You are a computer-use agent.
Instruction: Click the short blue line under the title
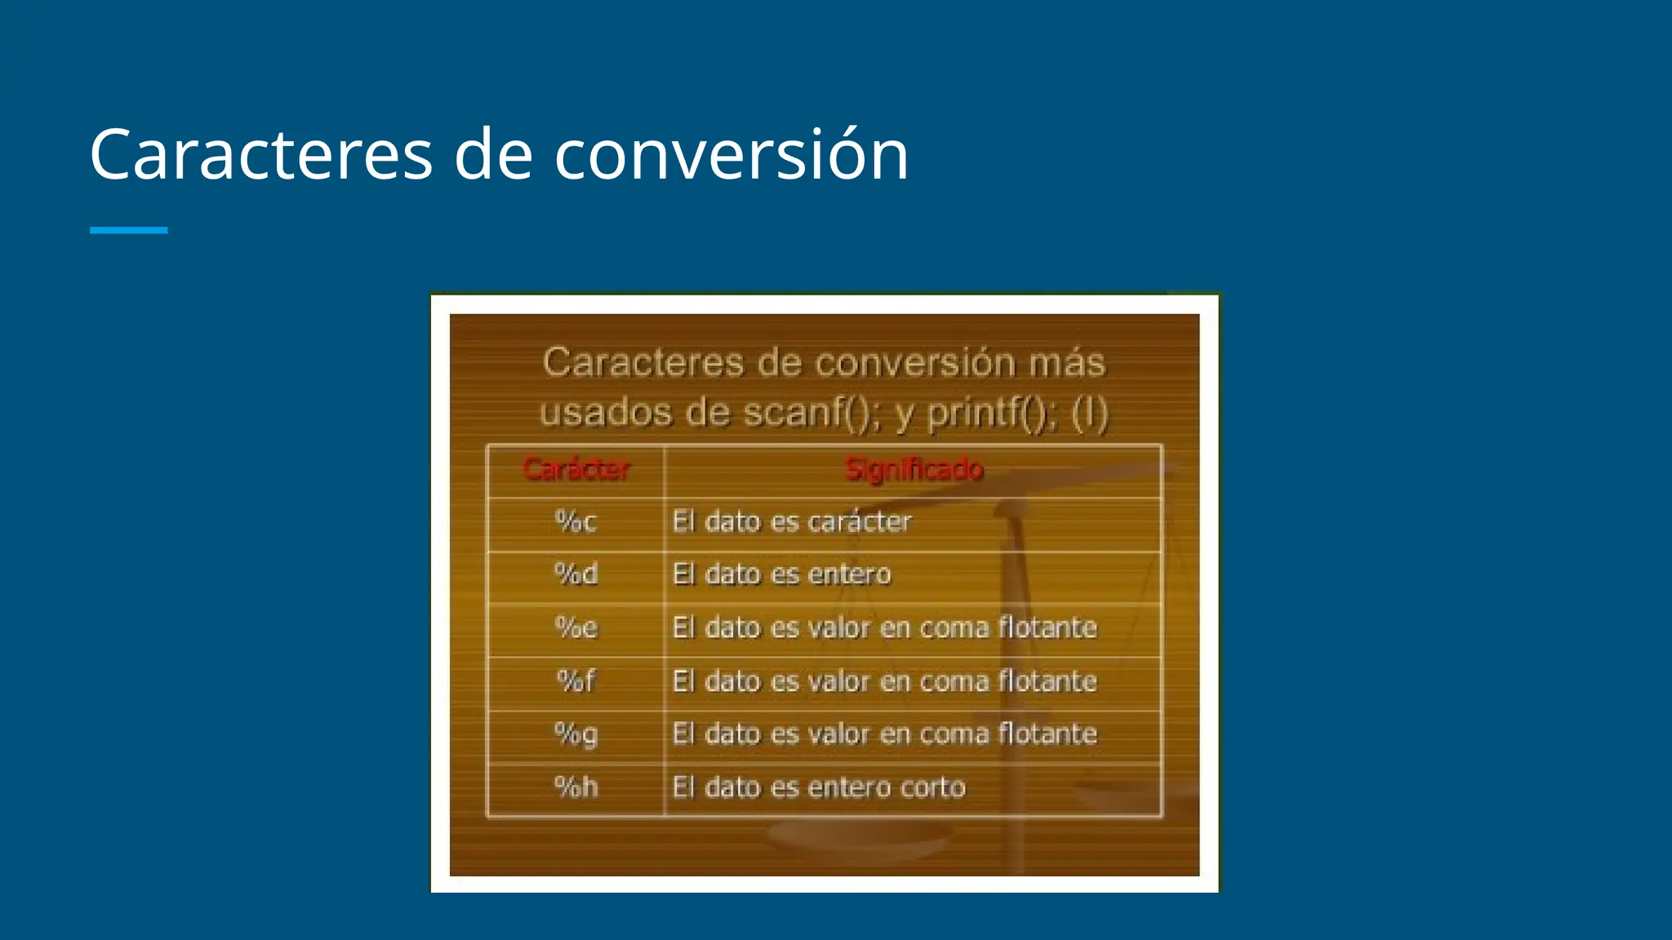click(x=128, y=230)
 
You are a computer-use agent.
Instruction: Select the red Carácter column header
click(x=576, y=469)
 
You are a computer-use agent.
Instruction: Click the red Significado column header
click(x=914, y=469)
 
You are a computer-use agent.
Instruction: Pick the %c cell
click(x=576, y=521)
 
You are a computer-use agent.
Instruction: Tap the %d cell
click(x=576, y=574)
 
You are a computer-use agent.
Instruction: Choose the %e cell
click(x=576, y=627)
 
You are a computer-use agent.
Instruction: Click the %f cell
click(x=576, y=681)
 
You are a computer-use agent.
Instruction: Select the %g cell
click(x=576, y=734)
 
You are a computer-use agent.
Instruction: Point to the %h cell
click(x=576, y=787)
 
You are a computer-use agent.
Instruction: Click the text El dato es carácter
click(x=791, y=521)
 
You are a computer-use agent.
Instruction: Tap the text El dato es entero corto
click(x=819, y=787)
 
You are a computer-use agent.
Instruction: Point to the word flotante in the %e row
click(x=1047, y=627)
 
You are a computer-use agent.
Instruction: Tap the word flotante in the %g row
click(x=1047, y=734)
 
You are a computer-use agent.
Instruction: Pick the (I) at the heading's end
click(x=1089, y=414)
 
